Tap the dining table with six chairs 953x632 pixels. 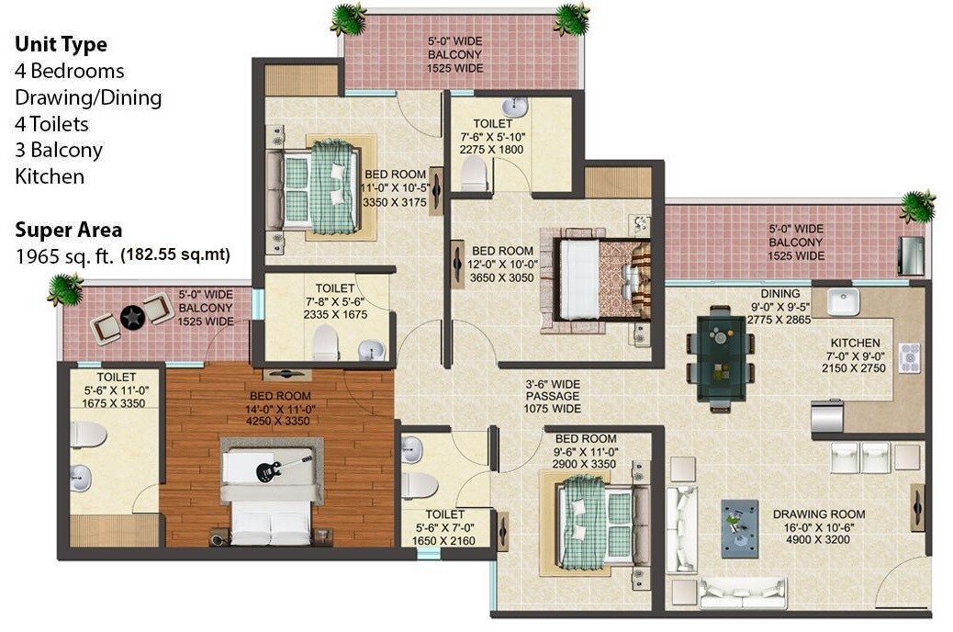(x=720, y=357)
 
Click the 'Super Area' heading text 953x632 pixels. (x=68, y=230)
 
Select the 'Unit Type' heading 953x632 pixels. (x=61, y=44)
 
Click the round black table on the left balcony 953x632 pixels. (x=133, y=318)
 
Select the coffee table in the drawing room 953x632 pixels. (x=739, y=528)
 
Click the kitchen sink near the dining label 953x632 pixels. (x=842, y=301)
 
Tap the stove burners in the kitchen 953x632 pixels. (x=909, y=356)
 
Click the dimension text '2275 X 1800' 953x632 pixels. (x=499, y=149)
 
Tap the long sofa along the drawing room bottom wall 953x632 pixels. (x=743, y=593)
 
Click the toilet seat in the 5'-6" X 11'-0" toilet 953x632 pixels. (x=86, y=434)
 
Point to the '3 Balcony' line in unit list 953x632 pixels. (x=59, y=150)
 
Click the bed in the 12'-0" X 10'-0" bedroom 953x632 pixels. (x=601, y=278)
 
